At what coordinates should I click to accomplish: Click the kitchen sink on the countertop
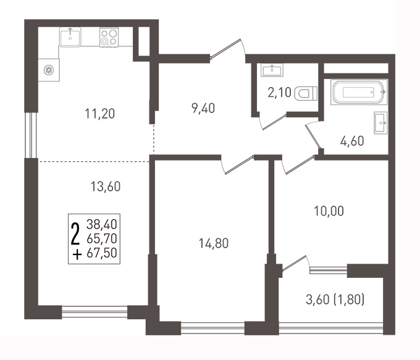(70, 37)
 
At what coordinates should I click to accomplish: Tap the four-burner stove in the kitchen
(109, 37)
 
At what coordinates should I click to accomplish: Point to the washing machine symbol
(49, 70)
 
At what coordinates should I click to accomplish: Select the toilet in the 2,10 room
(306, 93)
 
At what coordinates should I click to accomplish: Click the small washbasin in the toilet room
(272, 70)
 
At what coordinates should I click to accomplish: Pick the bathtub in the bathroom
(359, 92)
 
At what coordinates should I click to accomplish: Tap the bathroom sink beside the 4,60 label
(380, 123)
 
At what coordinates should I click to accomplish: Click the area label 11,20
(100, 114)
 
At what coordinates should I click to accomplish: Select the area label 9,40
(203, 109)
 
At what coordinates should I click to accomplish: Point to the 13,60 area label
(106, 186)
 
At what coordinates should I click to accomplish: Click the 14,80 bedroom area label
(214, 243)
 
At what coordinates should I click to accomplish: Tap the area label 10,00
(329, 211)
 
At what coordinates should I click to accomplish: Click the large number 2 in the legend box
(75, 234)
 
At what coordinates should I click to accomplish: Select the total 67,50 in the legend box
(102, 253)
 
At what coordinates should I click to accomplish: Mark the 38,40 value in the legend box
(102, 224)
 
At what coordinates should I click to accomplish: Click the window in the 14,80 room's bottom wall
(212, 328)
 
